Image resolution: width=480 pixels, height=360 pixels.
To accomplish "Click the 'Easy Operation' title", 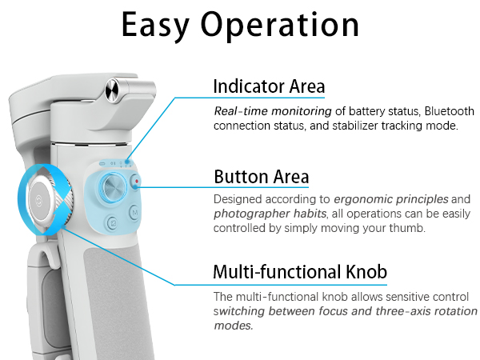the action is (x=240, y=26).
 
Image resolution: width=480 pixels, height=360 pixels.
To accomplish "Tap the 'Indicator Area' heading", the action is (x=269, y=86).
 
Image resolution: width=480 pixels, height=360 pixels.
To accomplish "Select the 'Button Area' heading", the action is (x=261, y=177).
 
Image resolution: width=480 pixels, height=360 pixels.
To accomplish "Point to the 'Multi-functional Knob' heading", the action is (x=300, y=271).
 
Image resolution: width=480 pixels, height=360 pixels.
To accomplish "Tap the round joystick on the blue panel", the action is (x=114, y=187).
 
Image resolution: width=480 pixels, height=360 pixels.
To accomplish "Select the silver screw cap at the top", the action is (x=113, y=90).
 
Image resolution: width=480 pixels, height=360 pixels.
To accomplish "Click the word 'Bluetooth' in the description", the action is (x=450, y=111).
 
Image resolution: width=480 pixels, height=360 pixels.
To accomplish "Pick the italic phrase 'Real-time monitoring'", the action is (x=273, y=111).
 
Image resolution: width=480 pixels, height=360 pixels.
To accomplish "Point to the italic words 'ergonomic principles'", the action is (x=391, y=199).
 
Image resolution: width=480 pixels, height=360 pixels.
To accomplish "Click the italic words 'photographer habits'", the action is (x=270, y=214).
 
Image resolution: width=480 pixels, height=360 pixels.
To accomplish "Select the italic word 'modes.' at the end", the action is (x=234, y=326).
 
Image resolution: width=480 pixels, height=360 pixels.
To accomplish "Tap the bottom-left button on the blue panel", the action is (x=113, y=222).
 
